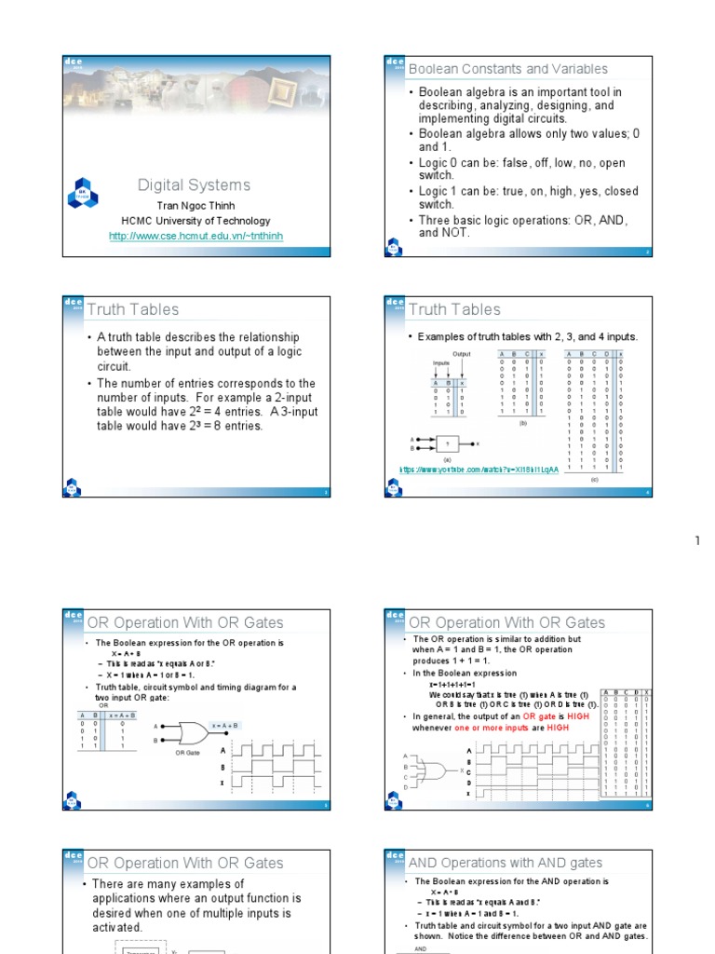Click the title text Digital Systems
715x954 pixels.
coord(194,185)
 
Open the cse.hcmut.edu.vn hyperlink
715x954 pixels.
coord(196,237)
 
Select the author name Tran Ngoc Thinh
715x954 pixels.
coord(196,206)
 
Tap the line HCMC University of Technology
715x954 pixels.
coord(196,221)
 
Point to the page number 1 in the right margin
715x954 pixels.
coord(695,540)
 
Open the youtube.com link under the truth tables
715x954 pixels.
coord(479,470)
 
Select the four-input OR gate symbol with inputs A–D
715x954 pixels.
coord(434,770)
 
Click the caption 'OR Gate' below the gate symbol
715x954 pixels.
coord(188,752)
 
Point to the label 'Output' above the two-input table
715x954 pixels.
coord(462,354)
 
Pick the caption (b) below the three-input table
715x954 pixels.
coord(523,422)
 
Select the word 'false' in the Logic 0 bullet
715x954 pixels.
coord(505,163)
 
